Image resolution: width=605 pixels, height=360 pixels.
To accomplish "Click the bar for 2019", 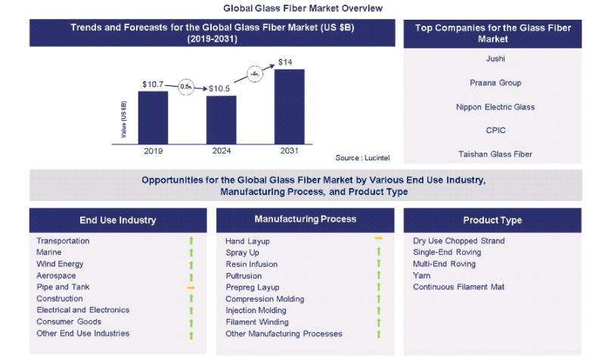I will pos(153,116).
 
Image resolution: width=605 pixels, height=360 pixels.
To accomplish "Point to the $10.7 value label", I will pos(154,83).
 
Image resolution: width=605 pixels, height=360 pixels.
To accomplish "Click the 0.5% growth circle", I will pos(187,87).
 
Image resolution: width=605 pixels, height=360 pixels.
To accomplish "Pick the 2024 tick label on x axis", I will pos(222,151).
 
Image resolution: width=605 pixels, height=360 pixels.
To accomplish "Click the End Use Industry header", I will pos(118,221).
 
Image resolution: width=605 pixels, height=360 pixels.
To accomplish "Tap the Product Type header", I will pos(493,221).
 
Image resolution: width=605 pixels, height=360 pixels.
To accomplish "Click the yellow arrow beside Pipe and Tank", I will pos(191,287).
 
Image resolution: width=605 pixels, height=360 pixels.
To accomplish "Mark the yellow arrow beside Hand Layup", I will pos(379,239).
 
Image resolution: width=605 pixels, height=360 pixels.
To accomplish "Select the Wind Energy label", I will pos(60,264).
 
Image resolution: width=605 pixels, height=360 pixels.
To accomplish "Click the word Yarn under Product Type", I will pos(422,276).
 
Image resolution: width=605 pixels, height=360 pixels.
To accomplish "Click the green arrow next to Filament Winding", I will pos(379,322).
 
